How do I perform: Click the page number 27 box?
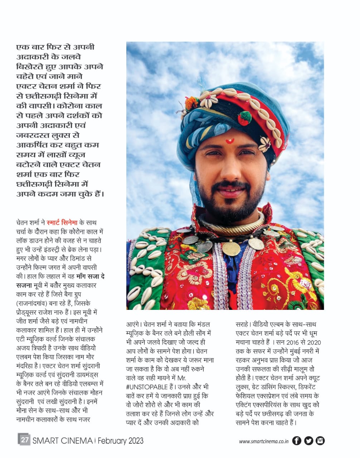pos(24,440)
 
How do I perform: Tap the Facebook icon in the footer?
pos(297,440)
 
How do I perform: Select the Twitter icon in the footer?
pos(308,440)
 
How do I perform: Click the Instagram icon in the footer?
pos(320,440)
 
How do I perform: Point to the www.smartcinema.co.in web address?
pos(264,441)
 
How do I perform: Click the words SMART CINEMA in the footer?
pos(63,440)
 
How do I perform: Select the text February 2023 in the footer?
pos(120,440)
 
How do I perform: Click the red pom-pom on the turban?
pos(245,118)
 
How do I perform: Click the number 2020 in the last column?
pos(314,342)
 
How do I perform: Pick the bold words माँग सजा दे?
pos(90,277)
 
